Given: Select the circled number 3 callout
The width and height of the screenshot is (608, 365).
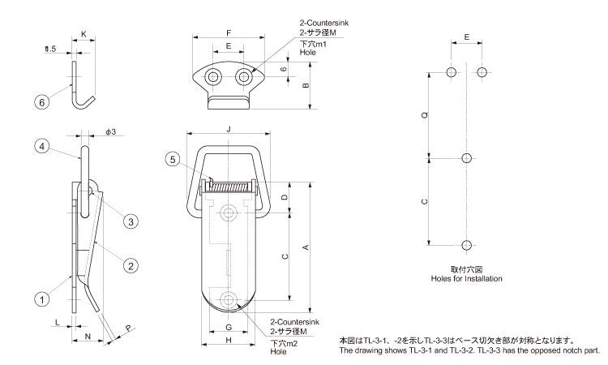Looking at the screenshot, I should point(129,221).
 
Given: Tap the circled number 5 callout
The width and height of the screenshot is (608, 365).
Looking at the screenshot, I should point(172,159).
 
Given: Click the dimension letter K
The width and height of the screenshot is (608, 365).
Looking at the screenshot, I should point(83,35).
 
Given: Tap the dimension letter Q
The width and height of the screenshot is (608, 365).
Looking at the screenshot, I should point(425,116).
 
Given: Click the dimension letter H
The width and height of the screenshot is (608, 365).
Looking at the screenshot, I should point(229,341).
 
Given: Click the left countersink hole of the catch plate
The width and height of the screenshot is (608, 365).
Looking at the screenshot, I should point(213,77).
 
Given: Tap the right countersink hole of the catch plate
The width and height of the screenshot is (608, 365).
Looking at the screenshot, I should point(243,77).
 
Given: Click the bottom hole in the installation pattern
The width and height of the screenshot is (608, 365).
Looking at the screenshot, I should point(465,245).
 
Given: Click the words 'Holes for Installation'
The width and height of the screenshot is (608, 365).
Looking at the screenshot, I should point(465,278).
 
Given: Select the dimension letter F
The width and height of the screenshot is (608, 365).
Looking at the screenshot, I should point(229,32).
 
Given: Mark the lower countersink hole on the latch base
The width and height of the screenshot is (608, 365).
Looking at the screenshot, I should point(229,298).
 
